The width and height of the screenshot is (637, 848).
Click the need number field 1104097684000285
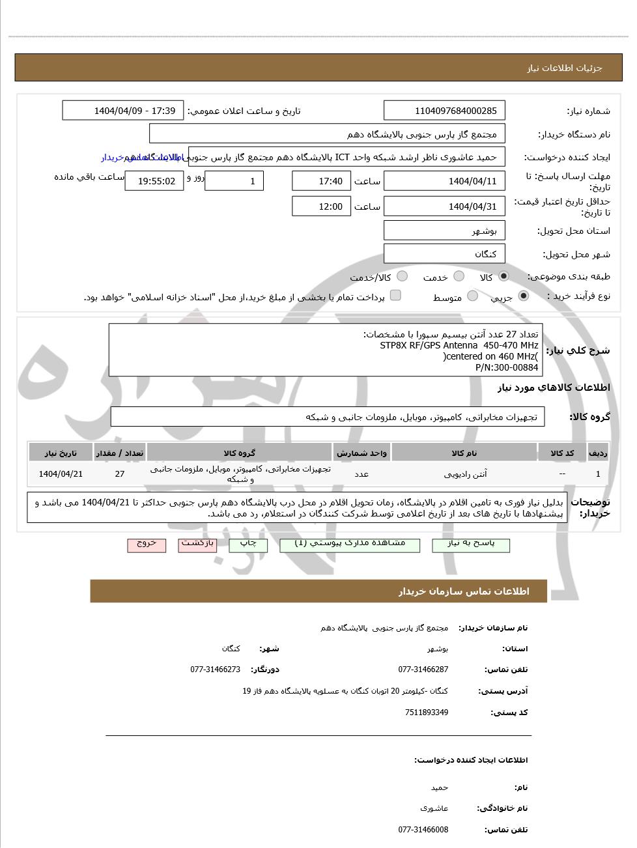click(x=444, y=111)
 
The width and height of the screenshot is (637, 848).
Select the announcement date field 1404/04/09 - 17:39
click(x=123, y=111)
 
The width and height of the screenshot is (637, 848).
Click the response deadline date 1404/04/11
click(x=444, y=181)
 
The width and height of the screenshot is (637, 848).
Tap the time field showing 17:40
click(x=321, y=181)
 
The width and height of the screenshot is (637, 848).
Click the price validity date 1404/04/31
click(x=444, y=206)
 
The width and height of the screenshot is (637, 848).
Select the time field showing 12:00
click(x=321, y=206)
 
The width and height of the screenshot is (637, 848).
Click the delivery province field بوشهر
click(x=444, y=231)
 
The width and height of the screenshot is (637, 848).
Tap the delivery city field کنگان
click(x=444, y=254)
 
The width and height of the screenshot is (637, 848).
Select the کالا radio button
click(x=503, y=276)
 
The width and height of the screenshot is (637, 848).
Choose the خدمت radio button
click(x=459, y=276)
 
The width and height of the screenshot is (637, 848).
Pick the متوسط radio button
click(x=473, y=296)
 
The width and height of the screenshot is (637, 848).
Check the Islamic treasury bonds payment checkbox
click(x=395, y=296)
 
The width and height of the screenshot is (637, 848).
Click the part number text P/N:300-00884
click(x=507, y=367)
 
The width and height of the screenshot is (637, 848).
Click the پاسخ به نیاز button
click(x=471, y=545)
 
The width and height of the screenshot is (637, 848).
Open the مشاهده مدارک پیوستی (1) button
click(x=350, y=545)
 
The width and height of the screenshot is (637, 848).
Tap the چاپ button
click(x=248, y=545)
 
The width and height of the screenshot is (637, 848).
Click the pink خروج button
click(x=147, y=545)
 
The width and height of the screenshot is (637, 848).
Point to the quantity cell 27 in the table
click(x=120, y=474)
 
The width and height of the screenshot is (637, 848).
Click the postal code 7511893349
click(x=427, y=713)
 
